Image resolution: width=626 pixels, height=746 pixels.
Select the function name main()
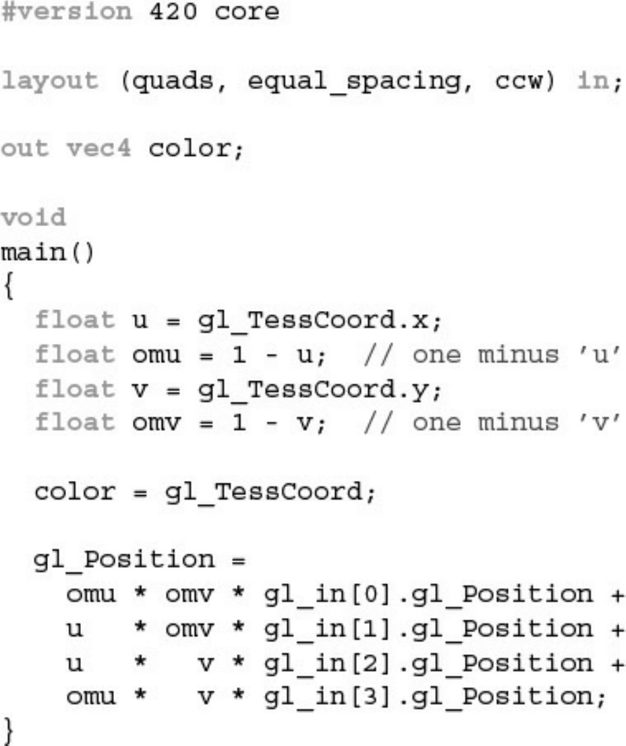point(47,252)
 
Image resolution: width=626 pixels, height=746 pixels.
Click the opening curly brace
point(7,287)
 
